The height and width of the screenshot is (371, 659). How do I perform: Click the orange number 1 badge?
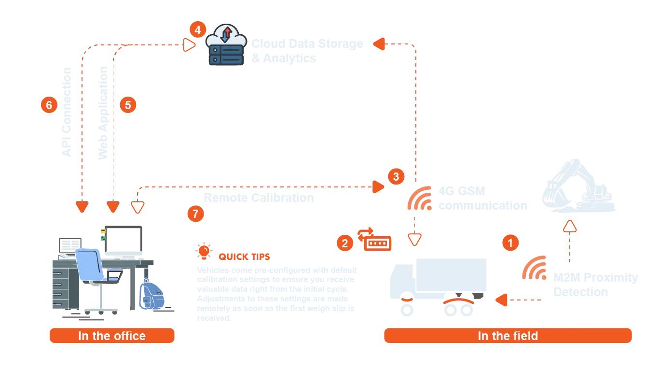[510, 242]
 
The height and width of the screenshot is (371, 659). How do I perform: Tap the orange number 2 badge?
[344, 243]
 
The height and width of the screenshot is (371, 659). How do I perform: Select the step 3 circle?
[396, 176]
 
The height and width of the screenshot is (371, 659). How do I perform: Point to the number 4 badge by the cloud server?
[198, 30]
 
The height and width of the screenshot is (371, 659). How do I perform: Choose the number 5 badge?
[128, 105]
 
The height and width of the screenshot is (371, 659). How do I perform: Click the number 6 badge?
[48, 105]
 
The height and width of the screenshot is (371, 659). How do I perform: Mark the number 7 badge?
[195, 214]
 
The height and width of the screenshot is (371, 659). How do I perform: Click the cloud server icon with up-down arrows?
[226, 45]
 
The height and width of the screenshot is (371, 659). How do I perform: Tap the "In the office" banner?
[112, 336]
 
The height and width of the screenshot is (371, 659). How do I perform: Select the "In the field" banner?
[508, 336]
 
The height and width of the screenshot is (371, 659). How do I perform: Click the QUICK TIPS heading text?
[244, 257]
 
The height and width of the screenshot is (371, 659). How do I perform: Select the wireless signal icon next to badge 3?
[419, 199]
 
